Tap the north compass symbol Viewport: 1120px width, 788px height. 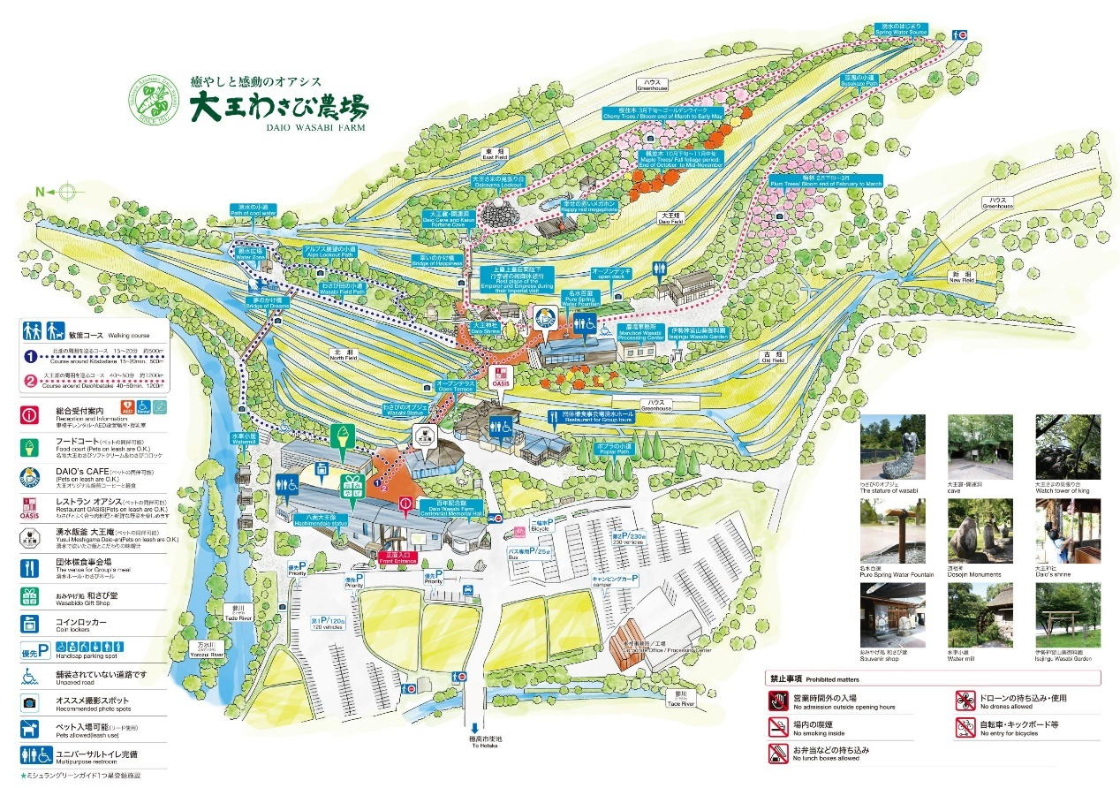(67, 191)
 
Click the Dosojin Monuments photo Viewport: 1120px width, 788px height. (980, 531)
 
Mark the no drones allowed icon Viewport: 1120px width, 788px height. (965, 701)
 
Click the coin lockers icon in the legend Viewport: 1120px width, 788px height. (32, 623)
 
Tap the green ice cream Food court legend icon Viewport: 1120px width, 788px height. (32, 444)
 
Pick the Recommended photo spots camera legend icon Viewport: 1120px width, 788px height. (32, 703)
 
